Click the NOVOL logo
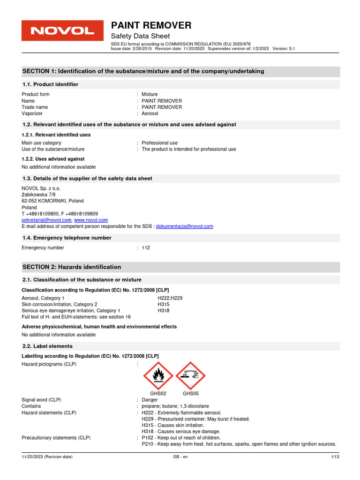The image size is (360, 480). (62, 31)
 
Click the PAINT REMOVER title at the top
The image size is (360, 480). (150, 25)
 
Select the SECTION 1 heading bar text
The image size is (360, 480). (143, 71)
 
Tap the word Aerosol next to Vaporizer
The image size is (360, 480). (150, 113)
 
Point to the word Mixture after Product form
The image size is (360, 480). (150, 94)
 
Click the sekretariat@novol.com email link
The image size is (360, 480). (46, 220)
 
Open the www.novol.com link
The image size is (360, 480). (91, 220)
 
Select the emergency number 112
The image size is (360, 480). (146, 247)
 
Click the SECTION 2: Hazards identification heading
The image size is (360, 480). (72, 267)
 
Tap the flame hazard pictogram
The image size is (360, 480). (158, 376)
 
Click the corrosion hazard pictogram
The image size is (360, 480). (190, 376)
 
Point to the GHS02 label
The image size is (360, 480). (158, 394)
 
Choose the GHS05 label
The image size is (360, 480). (191, 394)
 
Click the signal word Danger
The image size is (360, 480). (150, 400)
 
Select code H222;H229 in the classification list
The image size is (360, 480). (169, 298)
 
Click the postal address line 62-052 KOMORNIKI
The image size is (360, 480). (52, 201)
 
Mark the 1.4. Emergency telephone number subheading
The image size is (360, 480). (67, 238)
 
